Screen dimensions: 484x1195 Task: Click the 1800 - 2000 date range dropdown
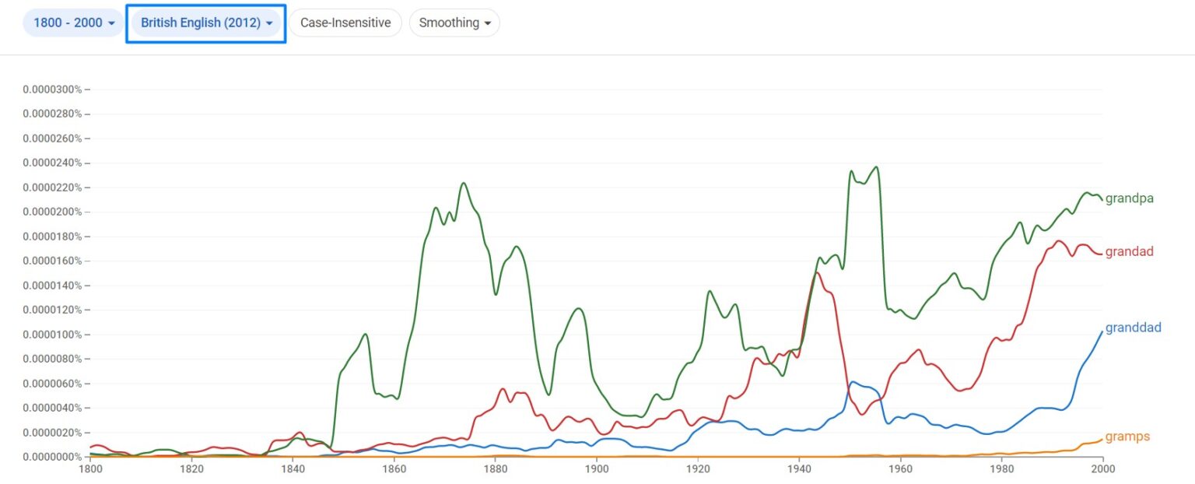[x=73, y=23]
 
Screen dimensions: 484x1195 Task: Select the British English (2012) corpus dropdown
[x=206, y=23]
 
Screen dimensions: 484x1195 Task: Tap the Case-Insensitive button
[x=345, y=23]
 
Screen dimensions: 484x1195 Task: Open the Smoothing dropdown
[x=454, y=23]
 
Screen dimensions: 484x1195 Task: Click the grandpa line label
[x=1129, y=198]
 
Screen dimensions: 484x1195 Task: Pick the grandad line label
[x=1129, y=251]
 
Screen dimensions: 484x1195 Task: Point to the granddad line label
[x=1133, y=328]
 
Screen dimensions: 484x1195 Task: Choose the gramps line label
[x=1127, y=437]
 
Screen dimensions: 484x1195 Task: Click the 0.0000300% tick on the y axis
[x=52, y=89]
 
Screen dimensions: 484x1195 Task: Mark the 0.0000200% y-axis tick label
[x=52, y=212]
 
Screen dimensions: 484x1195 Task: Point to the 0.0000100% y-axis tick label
[x=52, y=335]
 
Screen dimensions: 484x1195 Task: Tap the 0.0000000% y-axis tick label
[x=52, y=457]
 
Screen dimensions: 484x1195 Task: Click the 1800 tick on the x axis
[x=90, y=469]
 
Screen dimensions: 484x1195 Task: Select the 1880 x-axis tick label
[x=496, y=469]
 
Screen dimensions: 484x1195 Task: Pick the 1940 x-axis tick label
[x=799, y=469]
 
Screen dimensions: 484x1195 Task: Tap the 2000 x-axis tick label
[x=1102, y=469]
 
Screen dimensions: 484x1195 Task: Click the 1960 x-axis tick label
[x=900, y=469]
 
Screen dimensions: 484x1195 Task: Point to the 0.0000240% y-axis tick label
[x=52, y=163]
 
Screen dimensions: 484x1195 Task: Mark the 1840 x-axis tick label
[x=293, y=469]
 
